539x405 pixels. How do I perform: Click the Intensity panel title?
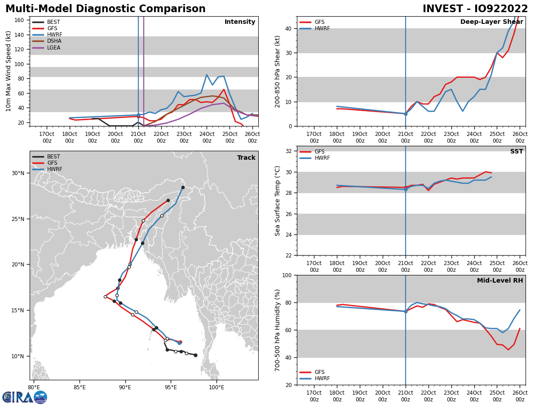click(x=240, y=22)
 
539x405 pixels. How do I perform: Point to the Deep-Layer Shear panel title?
click(x=491, y=22)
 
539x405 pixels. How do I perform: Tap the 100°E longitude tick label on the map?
click(x=216, y=387)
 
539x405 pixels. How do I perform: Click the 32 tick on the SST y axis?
click(x=289, y=151)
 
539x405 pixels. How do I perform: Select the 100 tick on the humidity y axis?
click(x=287, y=275)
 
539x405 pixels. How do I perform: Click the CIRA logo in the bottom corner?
click(x=25, y=397)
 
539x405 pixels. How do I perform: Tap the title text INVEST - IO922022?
click(x=475, y=9)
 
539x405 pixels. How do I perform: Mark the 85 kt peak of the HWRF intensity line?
click(x=207, y=75)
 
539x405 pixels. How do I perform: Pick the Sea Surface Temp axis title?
click(x=278, y=201)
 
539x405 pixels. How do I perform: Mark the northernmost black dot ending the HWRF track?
click(x=183, y=187)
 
